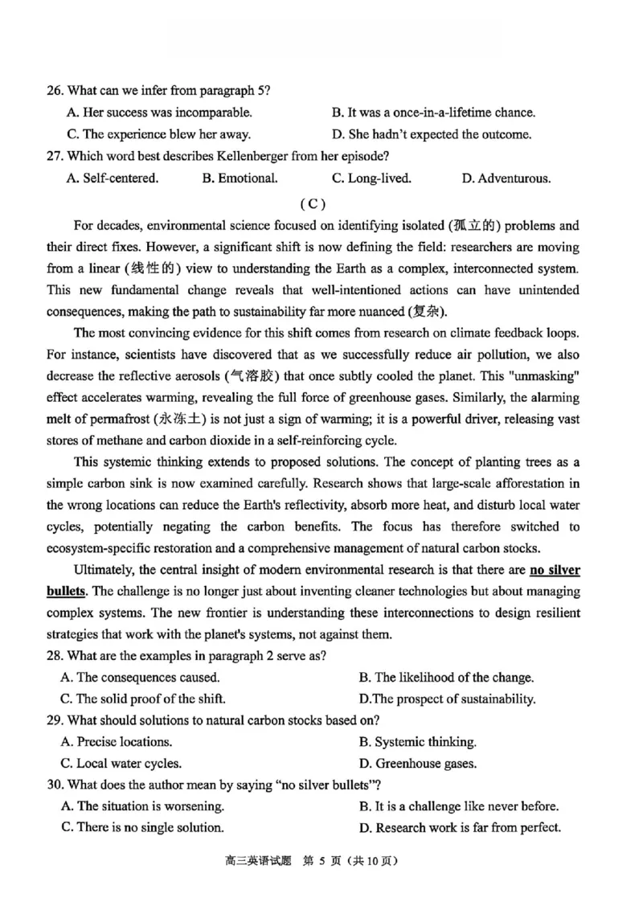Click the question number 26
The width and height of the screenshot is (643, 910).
[x=55, y=90]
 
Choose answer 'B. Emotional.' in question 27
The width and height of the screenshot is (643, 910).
[x=240, y=178]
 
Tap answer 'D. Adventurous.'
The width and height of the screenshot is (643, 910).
[x=506, y=178]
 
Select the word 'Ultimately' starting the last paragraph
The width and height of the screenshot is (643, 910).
[x=103, y=570]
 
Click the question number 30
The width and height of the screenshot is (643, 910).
[x=55, y=784]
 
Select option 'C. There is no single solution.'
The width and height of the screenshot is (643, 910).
[x=142, y=826]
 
